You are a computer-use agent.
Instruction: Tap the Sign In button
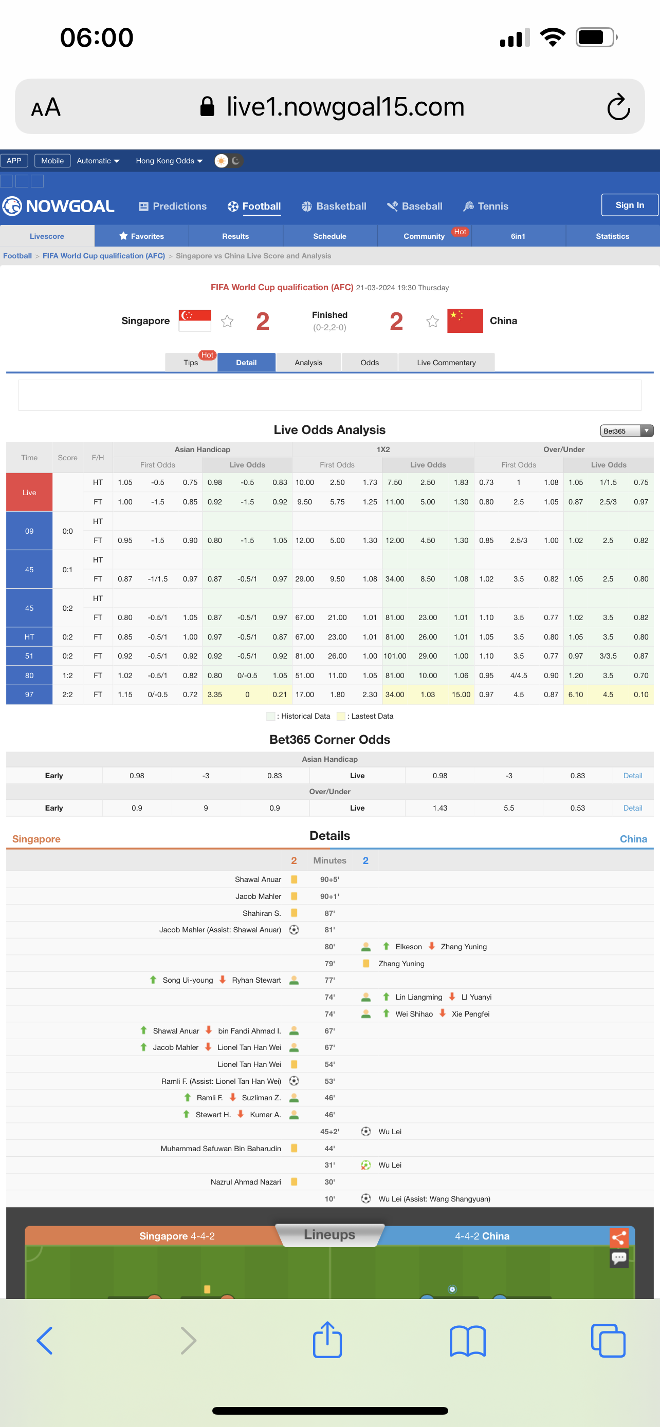(x=630, y=205)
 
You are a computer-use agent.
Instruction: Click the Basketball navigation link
(x=334, y=206)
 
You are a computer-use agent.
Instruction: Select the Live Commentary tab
(x=446, y=362)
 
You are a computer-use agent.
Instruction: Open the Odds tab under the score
(x=370, y=362)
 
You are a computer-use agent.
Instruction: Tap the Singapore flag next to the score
(x=195, y=321)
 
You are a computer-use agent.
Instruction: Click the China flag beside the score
(x=465, y=321)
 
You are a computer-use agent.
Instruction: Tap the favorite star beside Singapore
(x=227, y=321)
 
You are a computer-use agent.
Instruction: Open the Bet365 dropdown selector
(x=626, y=431)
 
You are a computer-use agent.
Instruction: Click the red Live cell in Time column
(x=29, y=493)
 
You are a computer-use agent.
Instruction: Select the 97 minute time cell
(x=29, y=694)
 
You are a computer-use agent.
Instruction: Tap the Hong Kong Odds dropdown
(x=169, y=161)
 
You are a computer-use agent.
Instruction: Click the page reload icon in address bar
(x=618, y=106)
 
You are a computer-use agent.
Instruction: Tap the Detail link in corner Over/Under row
(x=632, y=808)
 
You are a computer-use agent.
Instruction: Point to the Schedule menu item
(x=329, y=236)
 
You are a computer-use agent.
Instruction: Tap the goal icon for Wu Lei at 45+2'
(x=366, y=1132)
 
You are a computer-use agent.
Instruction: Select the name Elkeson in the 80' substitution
(x=409, y=947)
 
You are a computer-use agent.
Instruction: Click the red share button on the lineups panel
(x=619, y=1237)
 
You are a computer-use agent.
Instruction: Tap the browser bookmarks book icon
(x=468, y=1341)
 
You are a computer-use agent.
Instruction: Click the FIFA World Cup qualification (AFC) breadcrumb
(x=104, y=256)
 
